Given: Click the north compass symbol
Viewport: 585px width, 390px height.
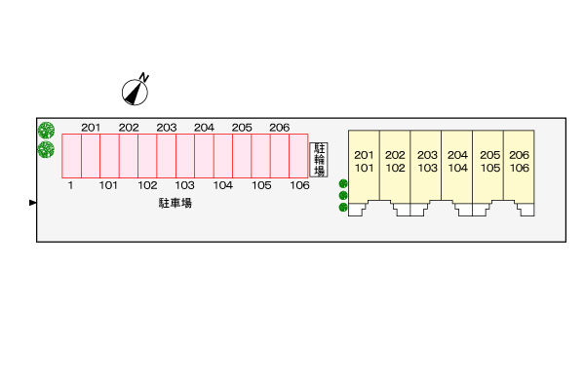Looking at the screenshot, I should [136, 91].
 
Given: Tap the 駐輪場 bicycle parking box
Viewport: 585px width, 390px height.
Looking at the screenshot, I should [319, 159].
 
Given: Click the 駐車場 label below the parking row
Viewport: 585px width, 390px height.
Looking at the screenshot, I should [175, 203].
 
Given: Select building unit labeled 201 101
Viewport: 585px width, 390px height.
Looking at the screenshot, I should [364, 162].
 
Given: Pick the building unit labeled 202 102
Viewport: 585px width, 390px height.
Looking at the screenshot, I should [395, 162].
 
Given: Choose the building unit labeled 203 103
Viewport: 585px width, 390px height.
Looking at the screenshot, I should [426, 162].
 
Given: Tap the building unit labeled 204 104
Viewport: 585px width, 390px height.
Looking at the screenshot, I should [457, 162].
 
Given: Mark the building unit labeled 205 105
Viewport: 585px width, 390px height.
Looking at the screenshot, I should [488, 162].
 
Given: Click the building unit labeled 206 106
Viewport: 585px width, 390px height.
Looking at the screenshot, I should [519, 162].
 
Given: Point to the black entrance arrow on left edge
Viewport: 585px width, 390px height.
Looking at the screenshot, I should [33, 203].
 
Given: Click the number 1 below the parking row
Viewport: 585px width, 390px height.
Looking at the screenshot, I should [71, 185].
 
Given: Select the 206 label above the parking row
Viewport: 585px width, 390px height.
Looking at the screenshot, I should [279, 128].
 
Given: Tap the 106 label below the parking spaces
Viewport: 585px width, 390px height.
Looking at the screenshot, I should [299, 185].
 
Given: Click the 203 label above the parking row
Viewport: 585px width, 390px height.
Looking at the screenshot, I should [166, 128].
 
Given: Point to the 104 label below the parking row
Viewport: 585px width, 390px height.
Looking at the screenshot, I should [222, 185].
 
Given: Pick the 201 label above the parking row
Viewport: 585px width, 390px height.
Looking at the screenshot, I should [91, 128].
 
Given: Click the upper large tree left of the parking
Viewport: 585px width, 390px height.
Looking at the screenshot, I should [46, 130].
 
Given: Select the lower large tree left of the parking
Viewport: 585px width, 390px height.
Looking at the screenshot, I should [46, 149].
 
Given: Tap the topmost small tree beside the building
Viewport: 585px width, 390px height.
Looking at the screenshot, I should [343, 184].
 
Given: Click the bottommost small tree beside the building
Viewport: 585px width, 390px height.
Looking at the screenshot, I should [343, 207].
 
